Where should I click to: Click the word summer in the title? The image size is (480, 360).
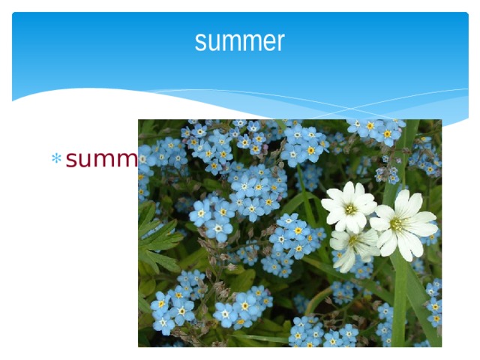(x=239, y=41)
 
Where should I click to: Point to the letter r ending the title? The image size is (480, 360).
(x=281, y=42)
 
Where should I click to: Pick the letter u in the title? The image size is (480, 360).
(x=215, y=42)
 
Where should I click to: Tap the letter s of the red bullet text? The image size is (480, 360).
(x=72, y=160)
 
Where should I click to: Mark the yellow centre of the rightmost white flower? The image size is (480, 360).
(x=396, y=223)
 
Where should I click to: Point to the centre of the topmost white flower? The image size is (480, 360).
(x=349, y=208)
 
